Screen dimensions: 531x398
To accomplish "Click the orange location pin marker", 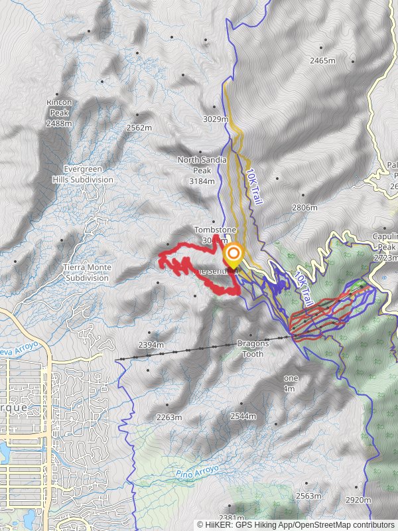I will click(233, 255).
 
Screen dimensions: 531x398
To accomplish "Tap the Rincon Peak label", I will click(59, 113).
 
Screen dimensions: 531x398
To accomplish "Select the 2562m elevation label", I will click(139, 127).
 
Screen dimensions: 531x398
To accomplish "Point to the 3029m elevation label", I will click(216, 119).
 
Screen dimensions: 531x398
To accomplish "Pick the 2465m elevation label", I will click(322, 61).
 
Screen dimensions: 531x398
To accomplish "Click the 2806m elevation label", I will click(304, 208).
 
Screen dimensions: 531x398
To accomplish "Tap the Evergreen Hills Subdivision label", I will click(84, 175).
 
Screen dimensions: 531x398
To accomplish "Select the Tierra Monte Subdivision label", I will click(87, 273).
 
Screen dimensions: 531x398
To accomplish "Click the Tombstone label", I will click(215, 230).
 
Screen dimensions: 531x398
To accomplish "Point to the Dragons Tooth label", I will click(253, 348).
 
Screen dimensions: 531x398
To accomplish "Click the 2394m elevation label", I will click(151, 344).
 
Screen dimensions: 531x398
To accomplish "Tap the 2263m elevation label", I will click(168, 417).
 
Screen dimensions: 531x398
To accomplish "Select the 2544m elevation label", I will click(243, 416).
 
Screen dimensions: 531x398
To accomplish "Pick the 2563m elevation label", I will click(308, 495).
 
